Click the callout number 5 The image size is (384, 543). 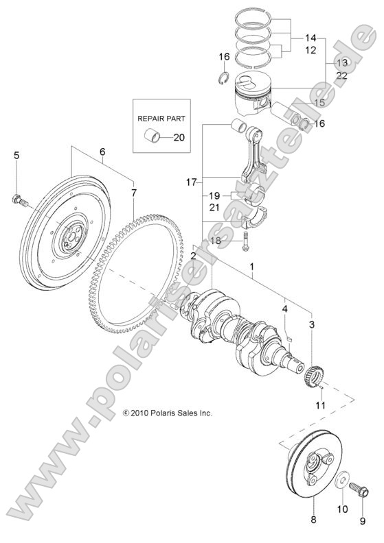tap(16, 156)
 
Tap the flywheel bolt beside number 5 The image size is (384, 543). tap(18, 201)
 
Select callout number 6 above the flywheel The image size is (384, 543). tap(102, 152)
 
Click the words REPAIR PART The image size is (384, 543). tap(162, 118)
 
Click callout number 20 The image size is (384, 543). tap(179, 137)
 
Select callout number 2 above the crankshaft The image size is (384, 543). tap(194, 256)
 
